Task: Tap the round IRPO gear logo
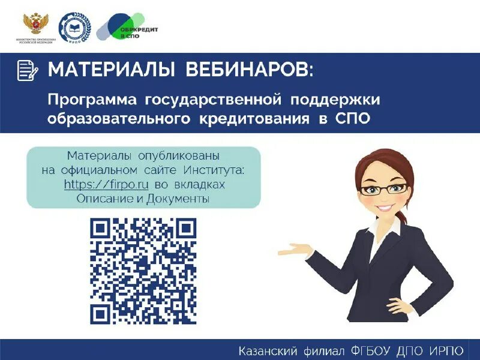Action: point(74,28)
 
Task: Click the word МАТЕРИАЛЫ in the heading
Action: point(107,70)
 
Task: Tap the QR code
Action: point(143,271)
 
